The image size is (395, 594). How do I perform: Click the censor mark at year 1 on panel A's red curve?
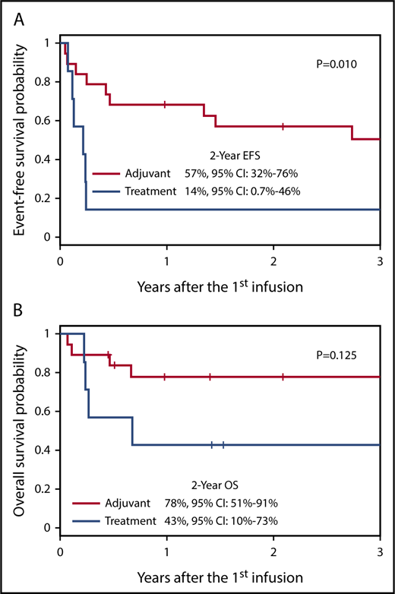point(166,104)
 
